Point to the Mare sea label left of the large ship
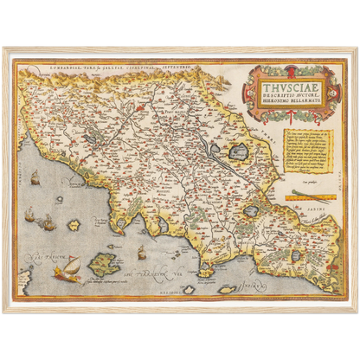tap(36, 257)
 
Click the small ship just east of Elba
tap(141, 252)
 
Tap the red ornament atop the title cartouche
tap(282, 67)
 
